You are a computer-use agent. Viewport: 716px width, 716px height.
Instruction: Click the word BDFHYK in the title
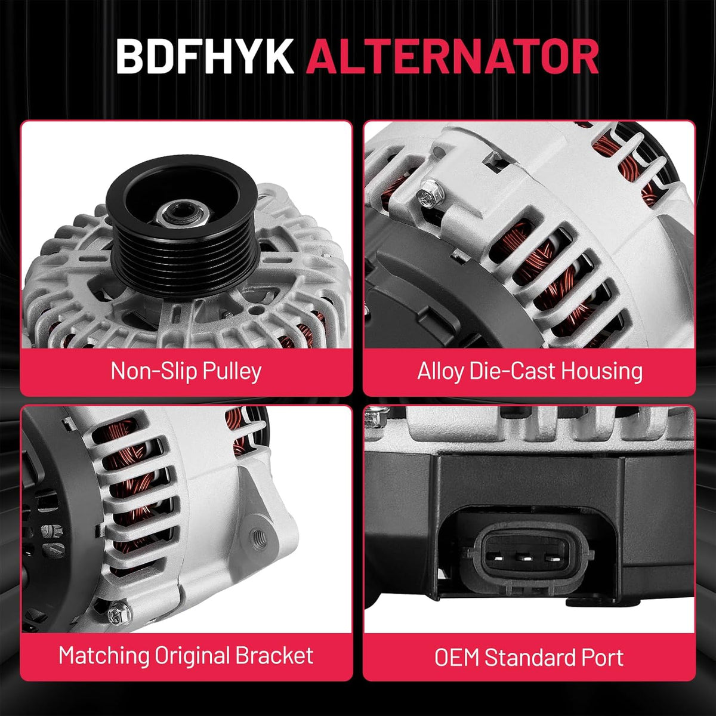(205, 57)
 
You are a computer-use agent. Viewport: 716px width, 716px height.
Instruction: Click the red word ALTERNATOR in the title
(452, 57)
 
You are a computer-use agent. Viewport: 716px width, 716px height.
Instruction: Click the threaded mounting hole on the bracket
(258, 537)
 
